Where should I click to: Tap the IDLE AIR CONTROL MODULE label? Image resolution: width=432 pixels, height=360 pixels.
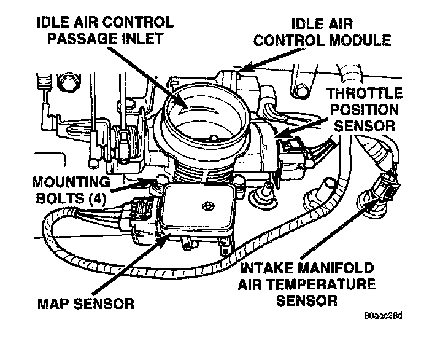[x=331, y=33]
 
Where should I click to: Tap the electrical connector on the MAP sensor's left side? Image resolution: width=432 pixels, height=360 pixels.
[x=140, y=212]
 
